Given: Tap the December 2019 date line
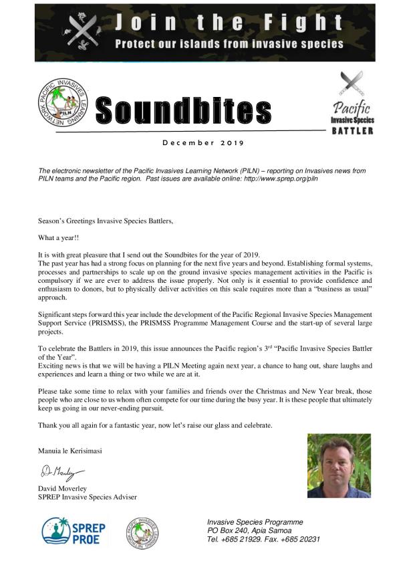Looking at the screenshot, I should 204,142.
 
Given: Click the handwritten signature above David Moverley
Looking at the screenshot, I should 63,472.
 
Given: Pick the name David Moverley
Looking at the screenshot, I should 66,489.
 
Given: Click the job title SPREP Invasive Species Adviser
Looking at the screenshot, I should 88,497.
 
